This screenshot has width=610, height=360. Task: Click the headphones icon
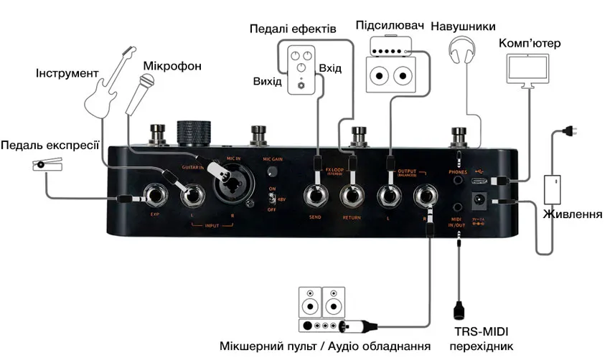tap(463, 53)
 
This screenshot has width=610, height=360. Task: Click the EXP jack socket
tap(155, 194)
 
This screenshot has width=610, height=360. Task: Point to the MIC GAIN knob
tap(272, 172)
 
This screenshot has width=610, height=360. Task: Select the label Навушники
tap(463, 27)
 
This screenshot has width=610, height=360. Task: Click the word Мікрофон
tap(172, 66)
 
